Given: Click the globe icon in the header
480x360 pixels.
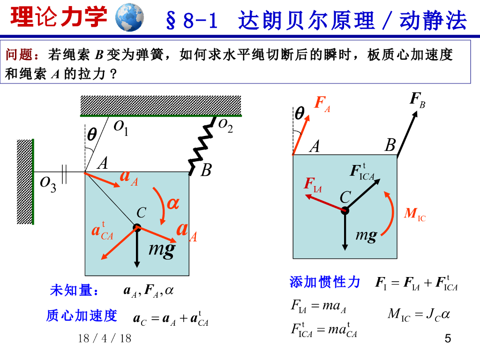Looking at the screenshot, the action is click(129, 17).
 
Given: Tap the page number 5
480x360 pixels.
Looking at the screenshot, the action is click(447, 338).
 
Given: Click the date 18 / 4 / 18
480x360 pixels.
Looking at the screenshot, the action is click(105, 338).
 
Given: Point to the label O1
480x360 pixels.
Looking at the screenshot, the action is click(121, 127).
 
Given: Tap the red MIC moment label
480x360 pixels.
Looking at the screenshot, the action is click(415, 215).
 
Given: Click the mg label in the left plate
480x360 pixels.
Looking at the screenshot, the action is click(162, 248).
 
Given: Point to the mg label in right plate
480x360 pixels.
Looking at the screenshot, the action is click(366, 235).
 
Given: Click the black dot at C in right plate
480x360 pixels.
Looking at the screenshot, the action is click(345, 210).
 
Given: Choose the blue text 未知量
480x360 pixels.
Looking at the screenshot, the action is click(74, 291).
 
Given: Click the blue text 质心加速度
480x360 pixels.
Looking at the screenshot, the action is click(81, 315).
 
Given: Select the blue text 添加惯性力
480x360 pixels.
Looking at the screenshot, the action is click(325, 282).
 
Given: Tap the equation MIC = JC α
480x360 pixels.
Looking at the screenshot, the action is click(418, 314).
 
